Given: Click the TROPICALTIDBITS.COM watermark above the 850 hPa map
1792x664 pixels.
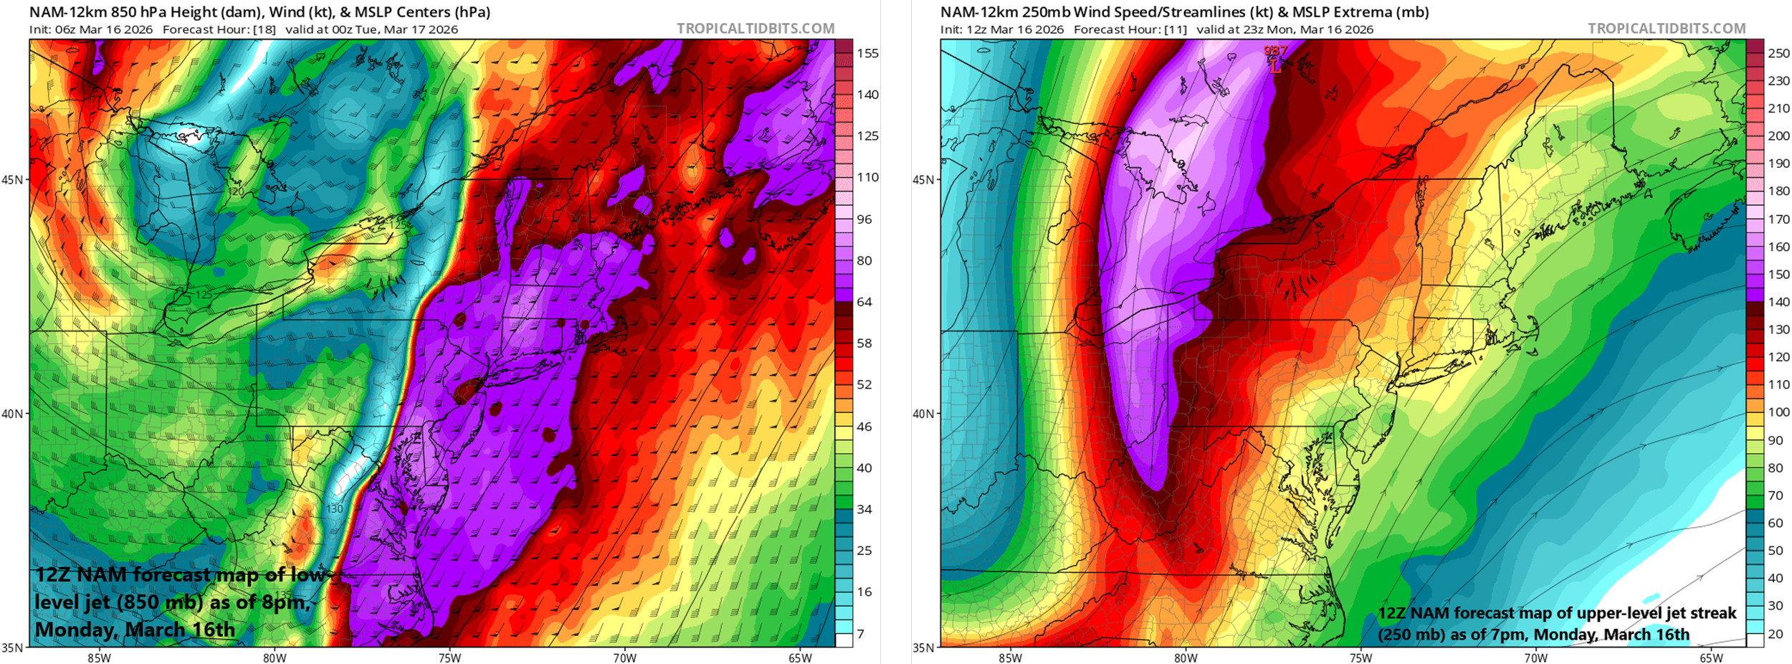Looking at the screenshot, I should pos(756,29).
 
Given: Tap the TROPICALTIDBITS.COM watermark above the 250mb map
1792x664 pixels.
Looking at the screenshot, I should pos(1667,29).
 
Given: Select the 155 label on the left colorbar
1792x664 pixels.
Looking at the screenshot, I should pos(867,53).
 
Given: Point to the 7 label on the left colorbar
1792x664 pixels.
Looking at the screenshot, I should pos(860,634).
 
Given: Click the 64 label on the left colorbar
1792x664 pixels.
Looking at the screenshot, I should pos(864,302).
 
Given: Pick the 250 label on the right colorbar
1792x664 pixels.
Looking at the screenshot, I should pos(1779,53).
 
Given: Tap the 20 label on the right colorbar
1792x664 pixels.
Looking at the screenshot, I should pos(1776,634).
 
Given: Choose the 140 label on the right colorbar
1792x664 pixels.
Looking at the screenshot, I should pos(1779,302).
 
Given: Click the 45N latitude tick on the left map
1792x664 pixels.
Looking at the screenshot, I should pos(12,179).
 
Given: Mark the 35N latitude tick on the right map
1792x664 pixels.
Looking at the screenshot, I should pos(923,648).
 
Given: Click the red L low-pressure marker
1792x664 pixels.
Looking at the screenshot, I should pos(1275,67).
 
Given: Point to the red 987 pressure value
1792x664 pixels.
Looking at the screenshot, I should pos(1275,51).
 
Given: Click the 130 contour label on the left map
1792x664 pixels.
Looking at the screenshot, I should pos(334,509).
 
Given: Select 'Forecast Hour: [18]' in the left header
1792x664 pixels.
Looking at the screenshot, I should pos(220,29).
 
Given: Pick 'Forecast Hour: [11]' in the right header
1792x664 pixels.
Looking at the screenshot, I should pos(1130,29).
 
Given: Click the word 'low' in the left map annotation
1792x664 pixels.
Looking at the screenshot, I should pos(308,575).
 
